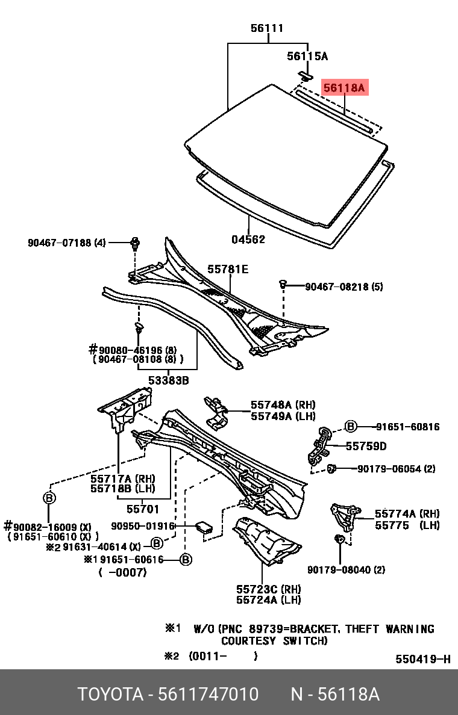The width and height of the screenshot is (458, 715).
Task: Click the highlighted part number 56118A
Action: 344,88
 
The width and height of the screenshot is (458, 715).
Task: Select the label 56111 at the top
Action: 267,28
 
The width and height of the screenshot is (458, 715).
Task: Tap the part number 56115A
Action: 307,57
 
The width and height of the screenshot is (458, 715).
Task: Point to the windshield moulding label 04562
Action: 248,240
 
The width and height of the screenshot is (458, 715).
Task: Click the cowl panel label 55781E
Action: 228,269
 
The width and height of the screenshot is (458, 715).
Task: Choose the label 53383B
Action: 169,380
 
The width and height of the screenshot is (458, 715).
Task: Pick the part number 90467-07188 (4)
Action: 66,243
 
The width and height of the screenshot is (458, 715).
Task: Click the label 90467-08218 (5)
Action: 343,287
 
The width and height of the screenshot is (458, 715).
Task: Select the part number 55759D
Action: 366,446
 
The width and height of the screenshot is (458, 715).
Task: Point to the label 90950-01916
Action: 143,526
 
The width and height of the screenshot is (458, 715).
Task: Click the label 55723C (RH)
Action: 268,588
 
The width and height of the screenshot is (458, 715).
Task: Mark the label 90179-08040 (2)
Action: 346,569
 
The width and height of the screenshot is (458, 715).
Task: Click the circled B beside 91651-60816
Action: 351,427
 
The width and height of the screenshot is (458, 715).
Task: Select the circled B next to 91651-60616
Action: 186,560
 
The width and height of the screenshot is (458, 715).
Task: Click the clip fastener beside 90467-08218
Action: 282,283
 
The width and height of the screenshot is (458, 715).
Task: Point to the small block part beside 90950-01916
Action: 204,528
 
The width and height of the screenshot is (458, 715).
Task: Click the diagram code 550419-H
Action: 422,659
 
